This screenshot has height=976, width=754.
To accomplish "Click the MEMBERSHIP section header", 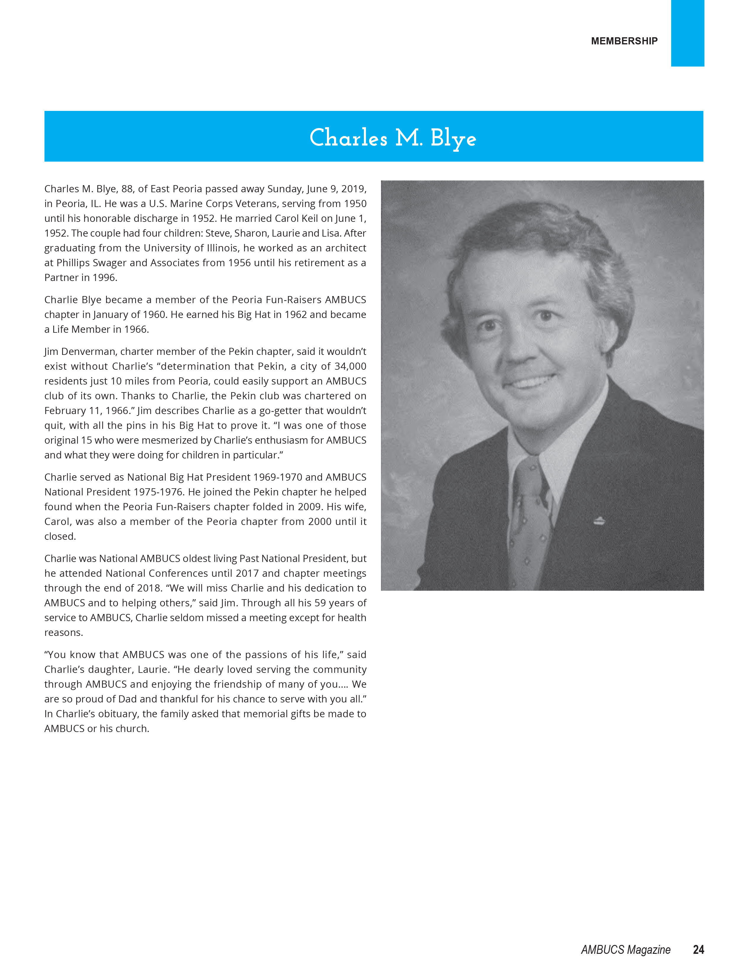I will pyautogui.click(x=624, y=41).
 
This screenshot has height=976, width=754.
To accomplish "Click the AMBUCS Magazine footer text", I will pyautogui.click(x=625, y=950).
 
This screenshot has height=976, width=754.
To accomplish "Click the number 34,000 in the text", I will pyautogui.click(x=350, y=366).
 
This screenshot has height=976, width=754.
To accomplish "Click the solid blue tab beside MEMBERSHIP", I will pyautogui.click(x=687, y=33).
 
